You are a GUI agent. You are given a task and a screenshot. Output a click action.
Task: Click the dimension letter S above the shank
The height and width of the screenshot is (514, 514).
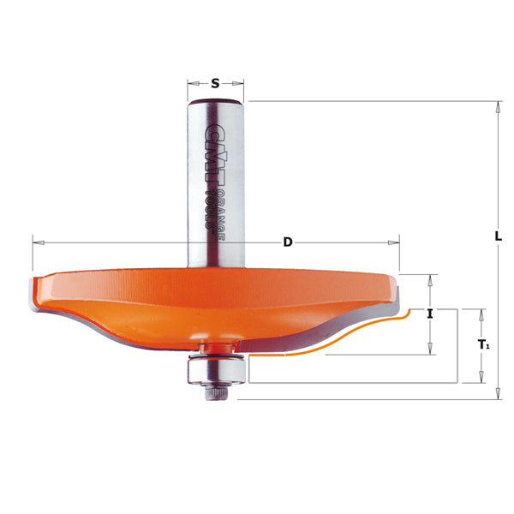216,83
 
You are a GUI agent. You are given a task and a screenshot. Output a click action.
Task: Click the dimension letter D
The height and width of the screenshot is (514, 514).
288,242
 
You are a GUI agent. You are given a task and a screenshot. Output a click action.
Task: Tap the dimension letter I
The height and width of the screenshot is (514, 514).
429,314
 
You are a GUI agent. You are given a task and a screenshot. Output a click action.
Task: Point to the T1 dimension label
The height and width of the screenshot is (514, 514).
484,345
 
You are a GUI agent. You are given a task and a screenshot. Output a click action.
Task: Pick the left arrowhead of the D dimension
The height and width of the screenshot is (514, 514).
36,242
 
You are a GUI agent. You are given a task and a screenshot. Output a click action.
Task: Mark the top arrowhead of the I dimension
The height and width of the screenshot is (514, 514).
429,279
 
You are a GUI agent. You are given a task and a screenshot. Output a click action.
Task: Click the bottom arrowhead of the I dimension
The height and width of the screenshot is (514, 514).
429,349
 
